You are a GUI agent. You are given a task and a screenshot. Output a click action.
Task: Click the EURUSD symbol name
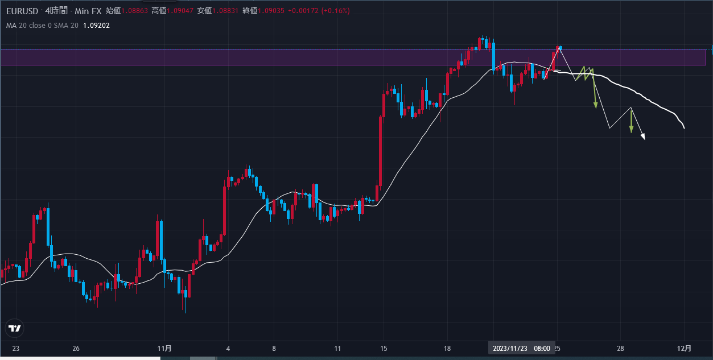(x=22, y=11)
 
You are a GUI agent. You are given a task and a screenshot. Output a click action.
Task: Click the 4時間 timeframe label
(x=57, y=11)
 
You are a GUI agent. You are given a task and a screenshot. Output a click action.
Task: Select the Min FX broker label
(x=88, y=11)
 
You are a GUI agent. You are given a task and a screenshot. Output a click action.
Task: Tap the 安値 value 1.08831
(x=225, y=11)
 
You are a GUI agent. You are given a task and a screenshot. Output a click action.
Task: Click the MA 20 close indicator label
(x=42, y=25)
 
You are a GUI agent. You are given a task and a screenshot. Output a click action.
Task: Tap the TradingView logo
(x=15, y=328)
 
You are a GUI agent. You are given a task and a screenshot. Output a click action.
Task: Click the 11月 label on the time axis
(x=164, y=348)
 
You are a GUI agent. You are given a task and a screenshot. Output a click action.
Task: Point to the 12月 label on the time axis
(x=685, y=348)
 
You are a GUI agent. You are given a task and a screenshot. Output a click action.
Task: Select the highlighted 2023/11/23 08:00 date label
(x=521, y=348)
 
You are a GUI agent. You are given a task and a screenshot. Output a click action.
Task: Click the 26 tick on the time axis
(x=76, y=348)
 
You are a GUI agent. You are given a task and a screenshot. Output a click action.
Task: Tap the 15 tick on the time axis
(x=384, y=348)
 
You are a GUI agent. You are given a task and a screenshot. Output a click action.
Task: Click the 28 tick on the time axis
(x=620, y=348)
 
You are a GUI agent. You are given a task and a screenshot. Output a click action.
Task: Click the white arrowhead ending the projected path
(x=644, y=136)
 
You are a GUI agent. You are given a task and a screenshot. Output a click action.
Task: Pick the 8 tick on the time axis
(x=274, y=348)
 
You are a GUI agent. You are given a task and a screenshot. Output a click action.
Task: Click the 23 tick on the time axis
(x=15, y=348)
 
